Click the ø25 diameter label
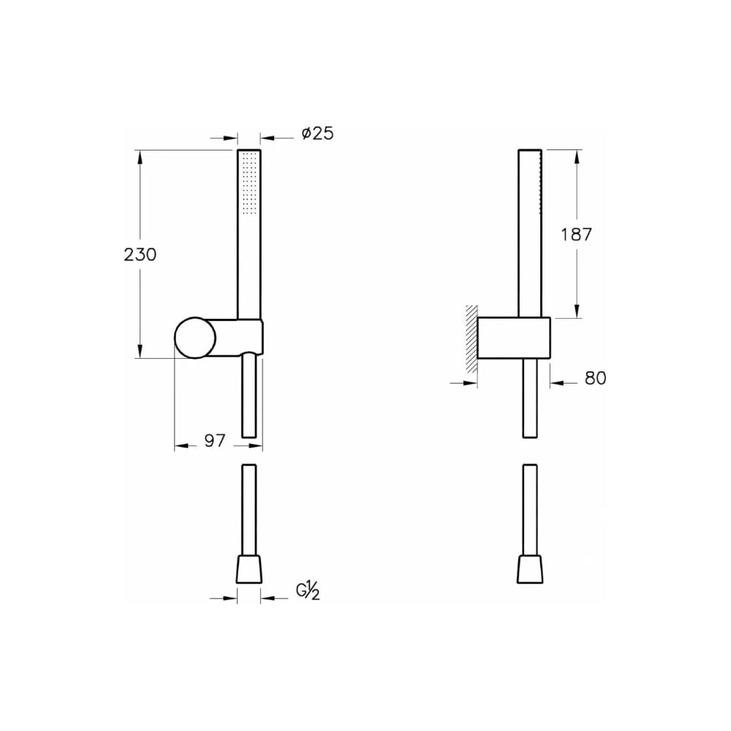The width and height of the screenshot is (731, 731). (317, 134)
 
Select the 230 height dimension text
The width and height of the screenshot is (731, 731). (140, 255)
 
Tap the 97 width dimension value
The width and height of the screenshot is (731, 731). (215, 441)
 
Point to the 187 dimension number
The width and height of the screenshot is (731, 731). (576, 235)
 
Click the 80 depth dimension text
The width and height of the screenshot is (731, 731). (595, 378)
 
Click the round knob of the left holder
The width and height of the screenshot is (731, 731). (195, 338)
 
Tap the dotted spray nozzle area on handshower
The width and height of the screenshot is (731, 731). (249, 183)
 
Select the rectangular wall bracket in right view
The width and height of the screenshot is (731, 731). (514, 338)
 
